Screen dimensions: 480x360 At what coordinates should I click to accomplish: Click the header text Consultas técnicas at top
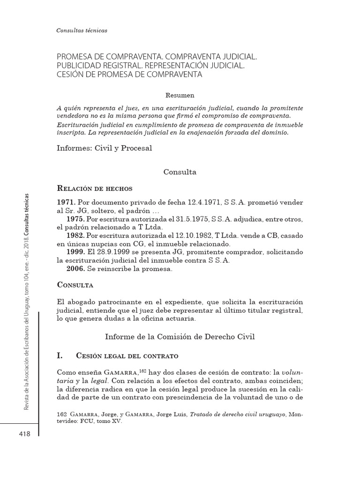point(82,30)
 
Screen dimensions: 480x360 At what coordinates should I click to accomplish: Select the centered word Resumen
point(180,95)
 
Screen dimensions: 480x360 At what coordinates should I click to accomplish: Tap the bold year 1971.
point(66,202)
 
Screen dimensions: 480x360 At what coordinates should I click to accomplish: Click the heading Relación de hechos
point(94,188)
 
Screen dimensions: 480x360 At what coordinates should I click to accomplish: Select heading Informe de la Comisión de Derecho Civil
point(180,337)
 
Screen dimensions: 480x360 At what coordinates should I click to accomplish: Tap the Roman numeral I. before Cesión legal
point(60,356)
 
